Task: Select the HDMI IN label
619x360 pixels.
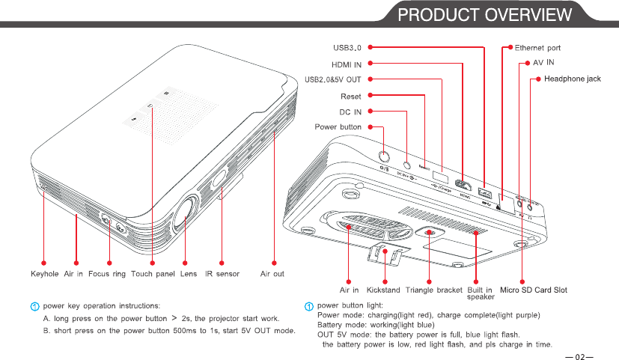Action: point(347,64)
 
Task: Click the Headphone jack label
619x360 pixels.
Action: point(572,79)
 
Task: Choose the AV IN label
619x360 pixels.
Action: point(544,63)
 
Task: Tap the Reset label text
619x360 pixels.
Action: point(351,96)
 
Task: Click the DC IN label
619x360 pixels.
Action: point(350,112)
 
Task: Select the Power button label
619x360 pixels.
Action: point(338,127)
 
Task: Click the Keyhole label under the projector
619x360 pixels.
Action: point(44,274)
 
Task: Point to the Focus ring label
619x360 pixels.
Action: point(107,274)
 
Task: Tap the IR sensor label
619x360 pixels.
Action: point(223,274)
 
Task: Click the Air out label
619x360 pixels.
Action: point(272,274)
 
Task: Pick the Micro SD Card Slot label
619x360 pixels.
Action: point(534,290)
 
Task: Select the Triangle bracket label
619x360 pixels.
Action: point(433,290)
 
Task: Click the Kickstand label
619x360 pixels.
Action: point(383,290)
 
